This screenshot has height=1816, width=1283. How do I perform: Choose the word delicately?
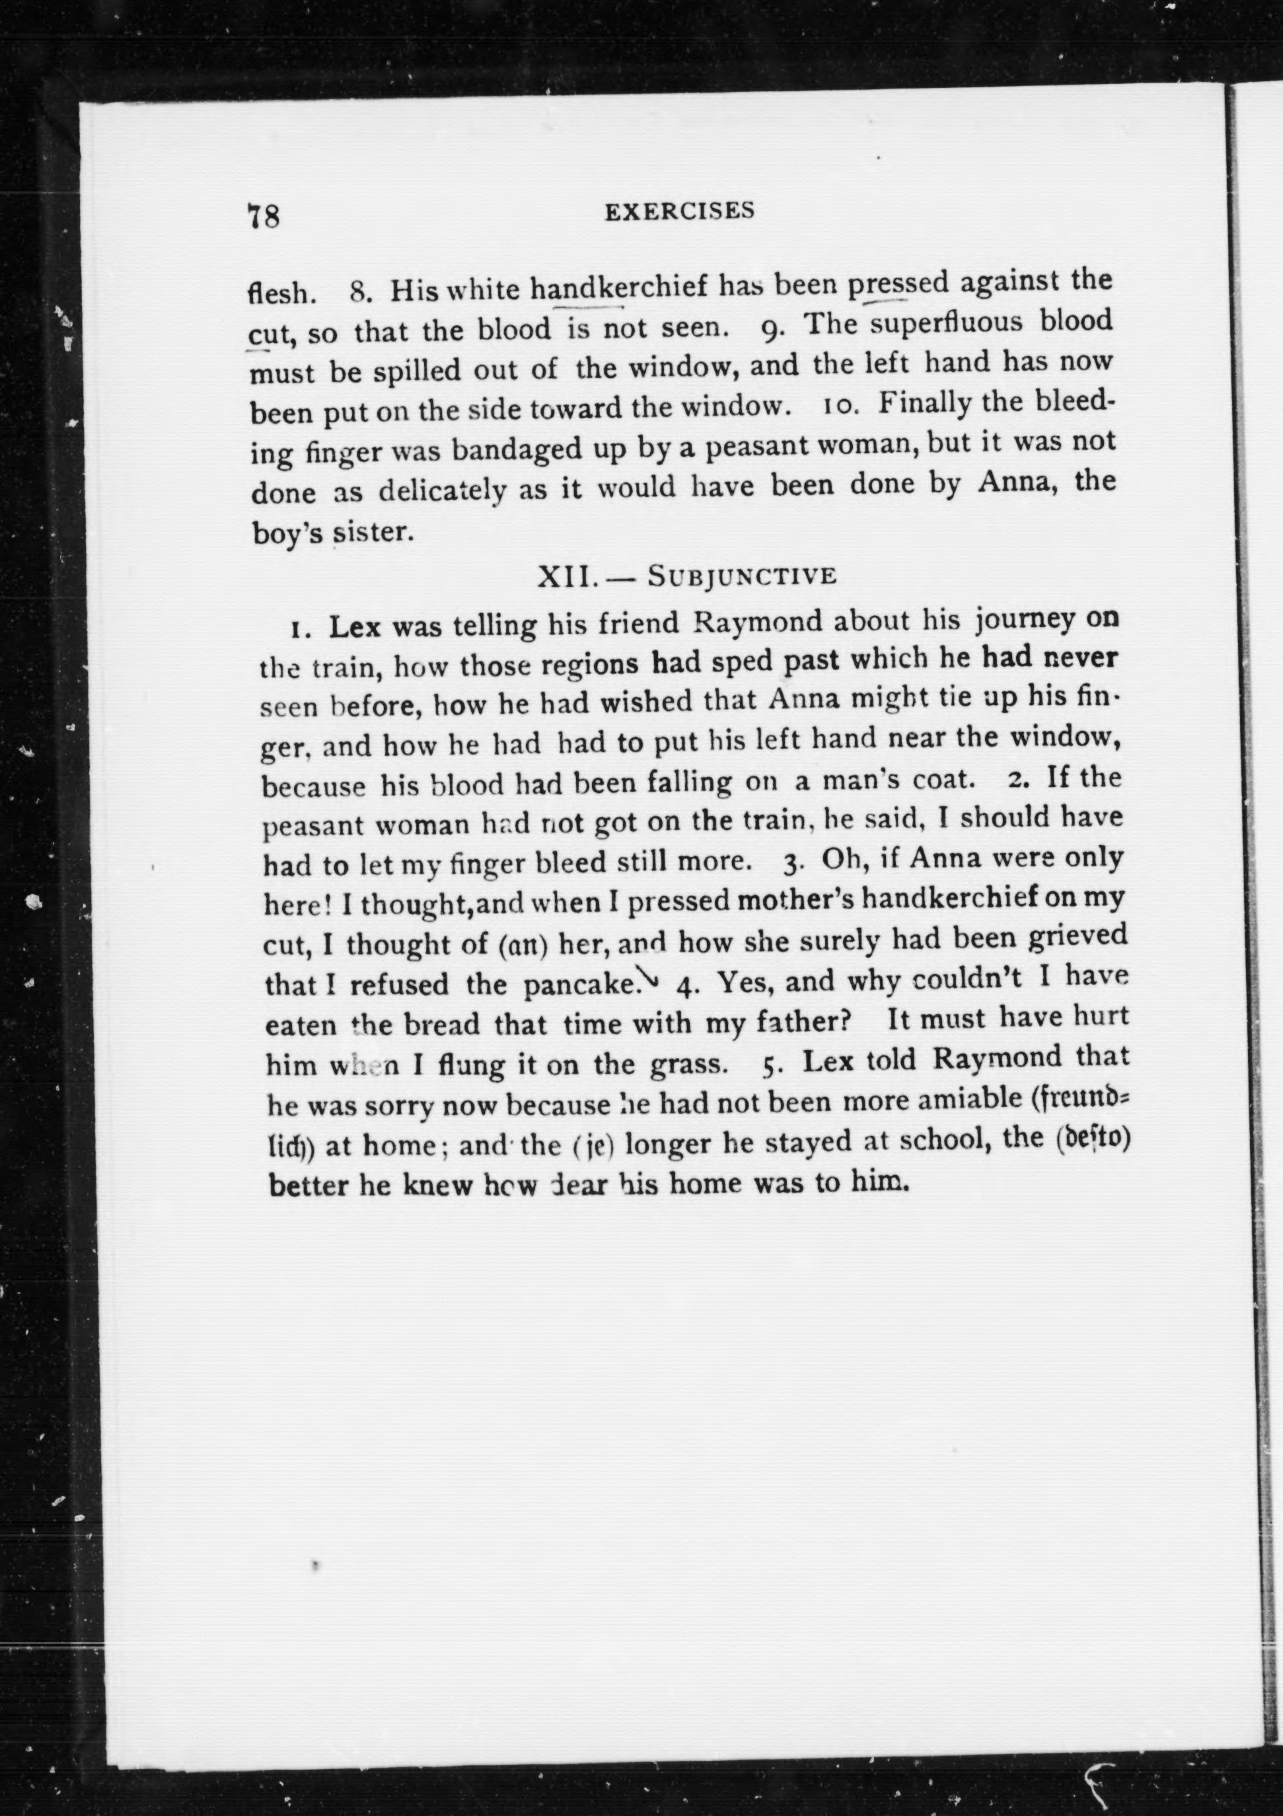(442, 491)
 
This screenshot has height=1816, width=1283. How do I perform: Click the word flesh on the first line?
(281, 293)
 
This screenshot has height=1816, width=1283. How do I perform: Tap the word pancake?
(581, 984)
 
